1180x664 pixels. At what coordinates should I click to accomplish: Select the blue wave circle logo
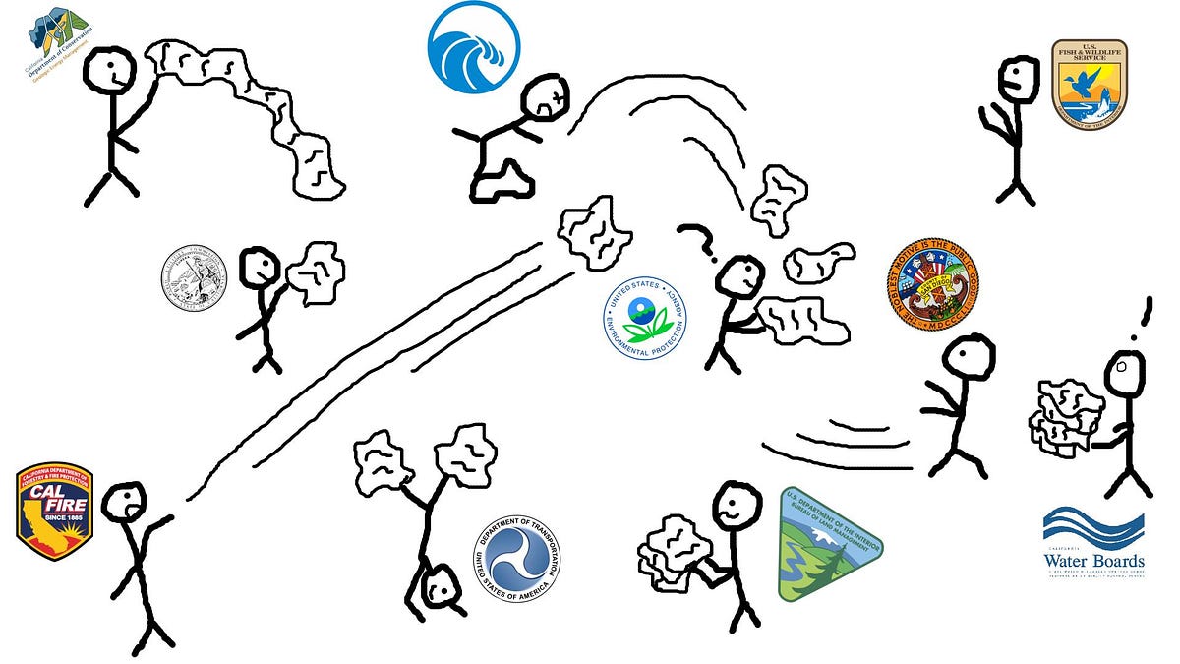tap(473, 47)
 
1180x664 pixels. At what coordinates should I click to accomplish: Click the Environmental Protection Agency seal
tap(645, 318)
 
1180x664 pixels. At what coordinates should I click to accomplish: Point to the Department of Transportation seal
tap(518, 558)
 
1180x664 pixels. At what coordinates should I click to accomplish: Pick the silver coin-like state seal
tap(194, 277)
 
